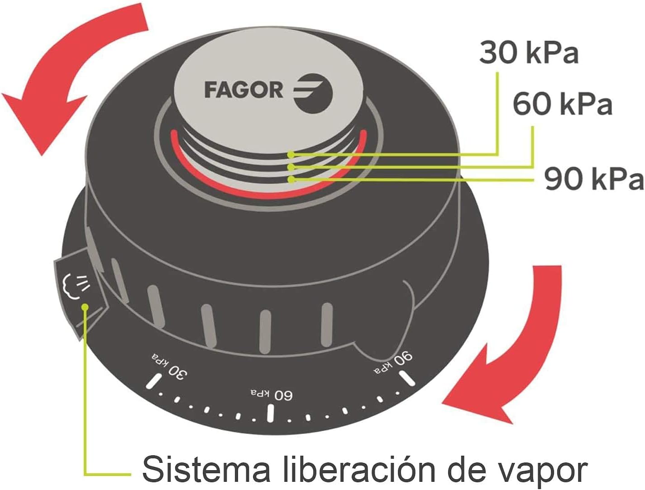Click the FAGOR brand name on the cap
(x=244, y=90)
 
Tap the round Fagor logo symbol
(x=314, y=93)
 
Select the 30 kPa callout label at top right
(x=529, y=52)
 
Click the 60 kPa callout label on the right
(x=563, y=104)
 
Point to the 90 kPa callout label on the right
(x=594, y=179)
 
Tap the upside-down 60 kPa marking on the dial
(x=272, y=394)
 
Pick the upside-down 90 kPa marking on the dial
(x=393, y=363)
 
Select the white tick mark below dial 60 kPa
(x=271, y=413)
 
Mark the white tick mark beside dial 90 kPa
(x=407, y=378)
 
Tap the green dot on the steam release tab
(x=85, y=307)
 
